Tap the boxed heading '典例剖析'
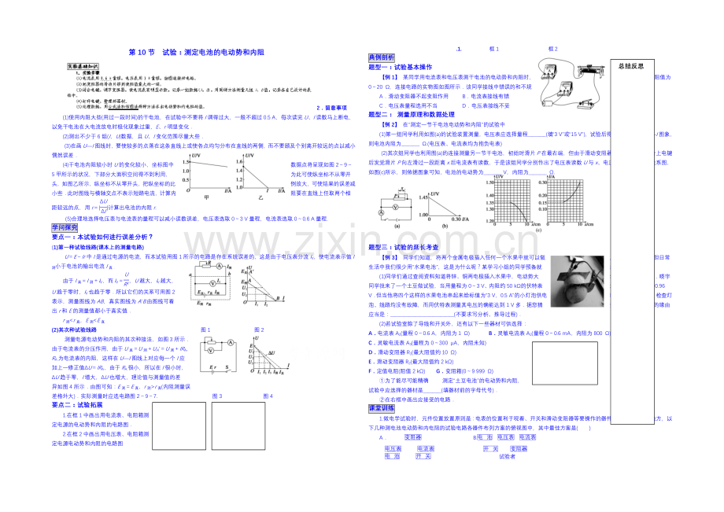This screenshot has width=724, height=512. (x=382, y=57)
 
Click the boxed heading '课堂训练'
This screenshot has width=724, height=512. (x=382, y=408)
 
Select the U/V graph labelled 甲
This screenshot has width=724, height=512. (x=208, y=173)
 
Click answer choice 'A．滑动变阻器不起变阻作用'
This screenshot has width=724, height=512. (x=415, y=95)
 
